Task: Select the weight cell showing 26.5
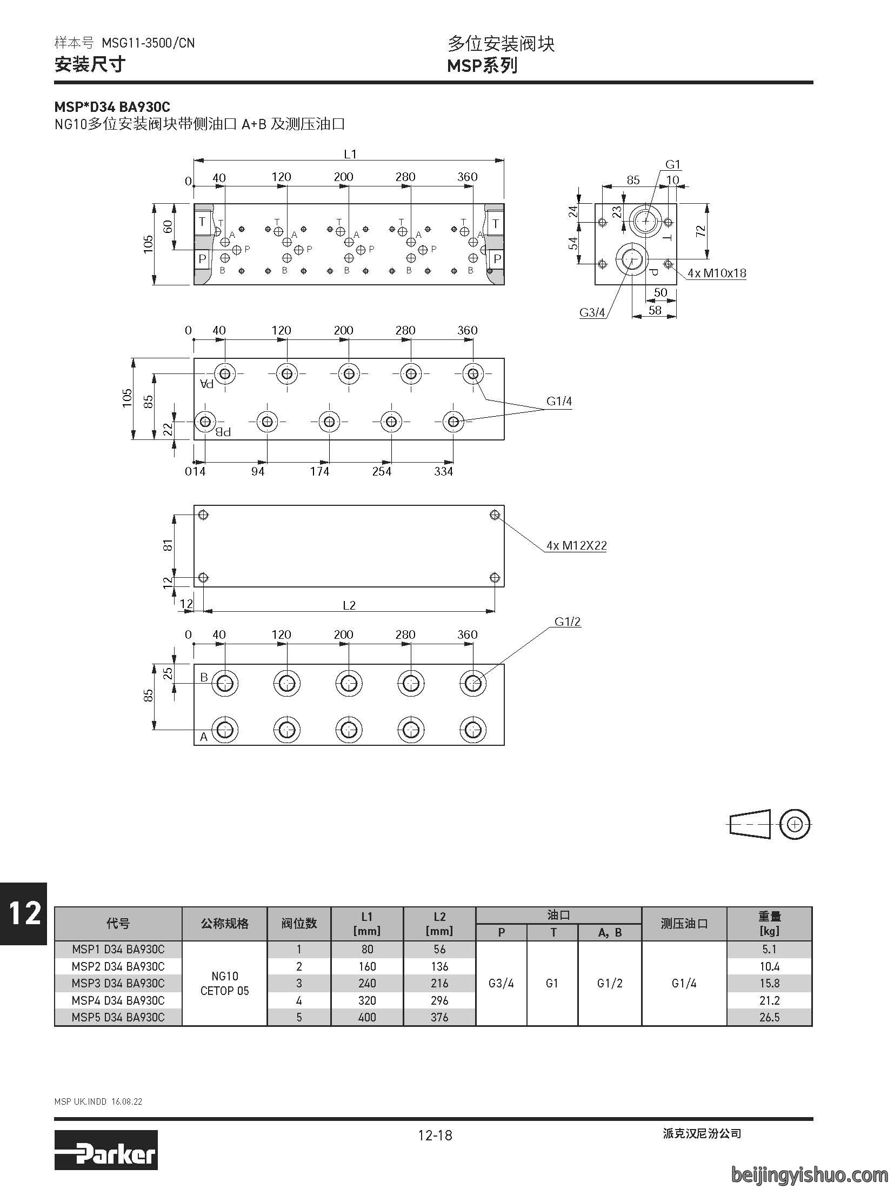(769, 1017)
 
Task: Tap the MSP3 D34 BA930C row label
(118, 983)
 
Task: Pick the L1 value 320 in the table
(367, 1000)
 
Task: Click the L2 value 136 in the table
(439, 966)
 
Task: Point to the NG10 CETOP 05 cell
(225, 984)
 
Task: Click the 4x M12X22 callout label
(576, 545)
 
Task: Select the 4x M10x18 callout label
(717, 273)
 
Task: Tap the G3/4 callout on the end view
(592, 312)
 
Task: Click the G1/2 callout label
(568, 622)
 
